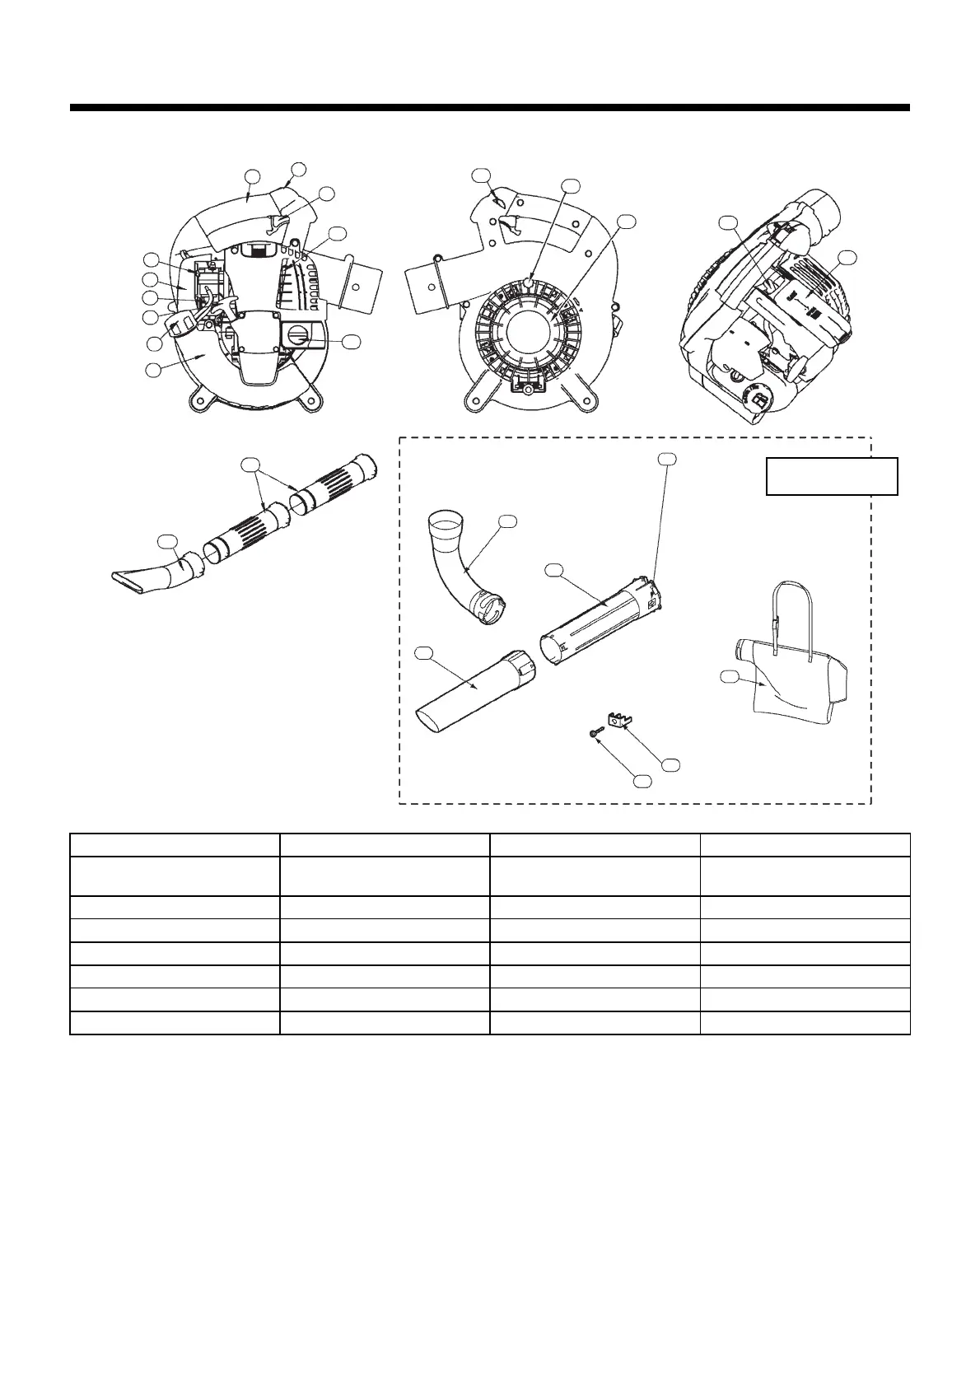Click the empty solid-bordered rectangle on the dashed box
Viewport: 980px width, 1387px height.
click(831, 476)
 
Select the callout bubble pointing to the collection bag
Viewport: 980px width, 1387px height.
click(728, 677)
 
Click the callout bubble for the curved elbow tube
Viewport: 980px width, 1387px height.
click(508, 521)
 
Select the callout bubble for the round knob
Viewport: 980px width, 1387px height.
click(352, 341)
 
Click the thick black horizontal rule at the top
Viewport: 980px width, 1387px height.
click(489, 107)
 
